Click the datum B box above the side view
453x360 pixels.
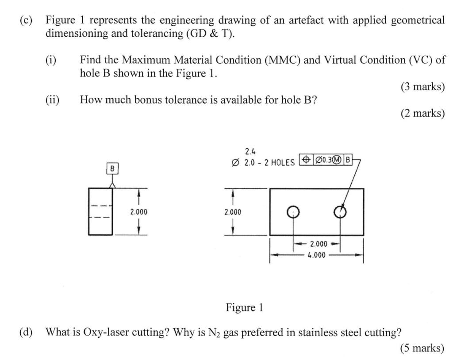(112, 169)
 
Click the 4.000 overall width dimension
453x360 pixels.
(317, 255)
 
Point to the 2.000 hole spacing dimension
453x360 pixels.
(318, 244)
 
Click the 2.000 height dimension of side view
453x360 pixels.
(138, 212)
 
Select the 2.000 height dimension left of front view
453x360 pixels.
(233, 212)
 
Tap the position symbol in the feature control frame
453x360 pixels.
(306, 160)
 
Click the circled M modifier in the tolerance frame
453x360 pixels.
(337, 160)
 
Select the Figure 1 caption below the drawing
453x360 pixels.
(244, 307)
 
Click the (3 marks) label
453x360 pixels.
(422, 87)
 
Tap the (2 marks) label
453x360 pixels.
(422, 114)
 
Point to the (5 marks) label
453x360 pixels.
(422, 348)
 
